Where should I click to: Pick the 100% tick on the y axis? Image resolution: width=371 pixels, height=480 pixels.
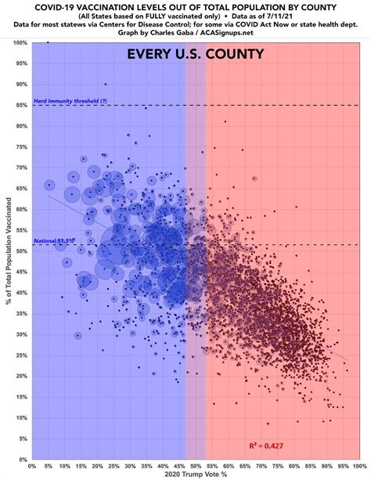(21, 42)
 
